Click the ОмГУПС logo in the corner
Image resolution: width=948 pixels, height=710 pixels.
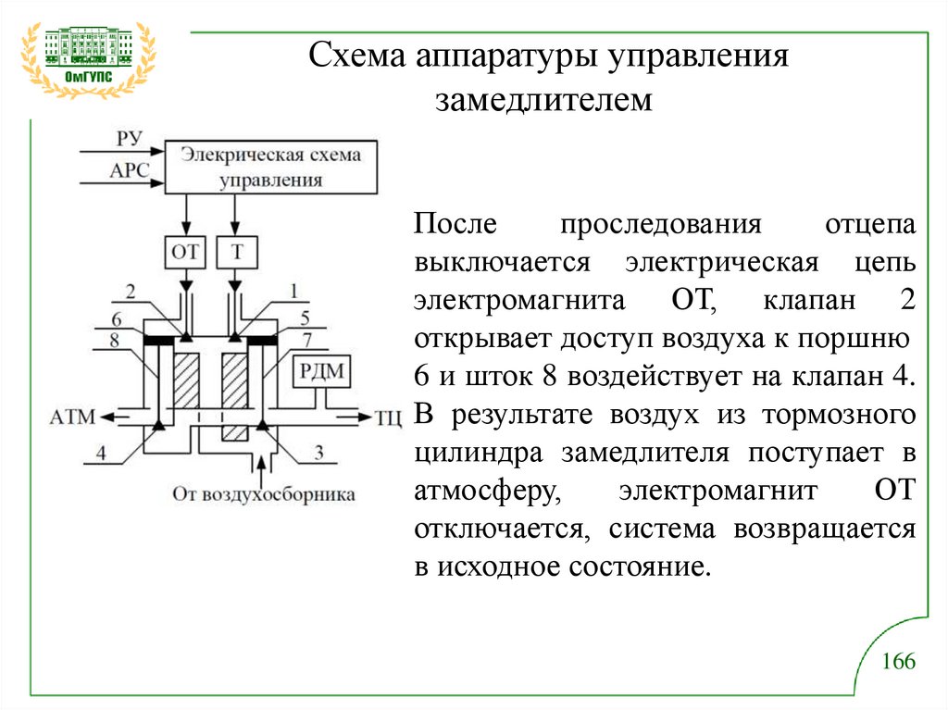click(88, 57)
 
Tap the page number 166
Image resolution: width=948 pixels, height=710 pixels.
click(897, 662)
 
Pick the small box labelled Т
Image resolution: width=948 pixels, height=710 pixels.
click(237, 250)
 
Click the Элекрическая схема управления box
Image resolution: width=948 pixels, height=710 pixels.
click(271, 167)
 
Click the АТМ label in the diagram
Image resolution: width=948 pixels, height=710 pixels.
click(75, 417)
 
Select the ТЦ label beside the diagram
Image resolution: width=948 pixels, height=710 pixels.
click(388, 417)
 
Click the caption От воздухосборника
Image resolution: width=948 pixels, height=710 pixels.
click(264, 493)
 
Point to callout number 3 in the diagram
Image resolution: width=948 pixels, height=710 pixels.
click(318, 453)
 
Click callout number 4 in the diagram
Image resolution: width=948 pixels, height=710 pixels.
click(100, 453)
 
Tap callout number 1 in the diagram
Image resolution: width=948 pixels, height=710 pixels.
click(293, 291)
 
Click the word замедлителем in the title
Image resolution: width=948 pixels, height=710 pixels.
click(544, 100)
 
